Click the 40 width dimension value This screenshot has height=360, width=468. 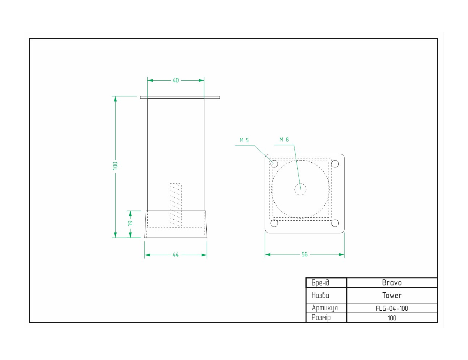tap(176, 80)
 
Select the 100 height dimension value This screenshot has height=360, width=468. tap(115, 166)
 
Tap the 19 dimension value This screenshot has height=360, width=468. tap(130, 223)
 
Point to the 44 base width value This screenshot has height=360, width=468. tap(176, 255)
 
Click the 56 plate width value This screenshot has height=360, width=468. tap(304, 255)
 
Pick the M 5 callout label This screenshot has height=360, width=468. tap(244, 140)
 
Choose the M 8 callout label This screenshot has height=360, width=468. tap(284, 140)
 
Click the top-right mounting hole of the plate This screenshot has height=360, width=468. tap(335, 164)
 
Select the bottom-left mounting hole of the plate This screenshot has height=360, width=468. tap(274, 223)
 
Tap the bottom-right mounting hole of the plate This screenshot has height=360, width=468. tap(335, 223)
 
